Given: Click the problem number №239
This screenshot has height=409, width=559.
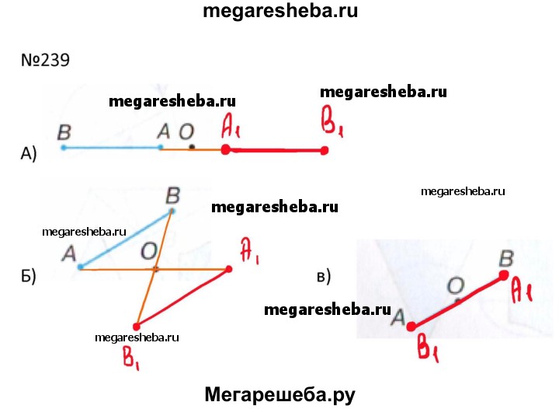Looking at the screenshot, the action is tap(45, 60).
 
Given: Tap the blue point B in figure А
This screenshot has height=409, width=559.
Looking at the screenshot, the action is tap(64, 148).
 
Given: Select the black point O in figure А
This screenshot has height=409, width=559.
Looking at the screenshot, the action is tap(192, 146).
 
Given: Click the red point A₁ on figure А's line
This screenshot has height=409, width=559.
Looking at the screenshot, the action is tap(225, 149).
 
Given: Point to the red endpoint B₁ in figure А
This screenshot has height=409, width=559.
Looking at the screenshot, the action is tap(324, 151).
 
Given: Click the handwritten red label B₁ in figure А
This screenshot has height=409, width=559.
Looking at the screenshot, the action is tap(332, 121).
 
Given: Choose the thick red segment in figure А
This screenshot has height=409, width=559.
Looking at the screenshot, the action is tap(275, 150).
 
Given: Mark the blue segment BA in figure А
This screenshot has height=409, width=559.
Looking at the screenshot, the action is tap(112, 148).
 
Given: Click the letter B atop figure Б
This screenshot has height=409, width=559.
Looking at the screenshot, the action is tap(173, 196).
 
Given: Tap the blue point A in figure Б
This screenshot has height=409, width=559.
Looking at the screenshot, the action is tap(81, 267).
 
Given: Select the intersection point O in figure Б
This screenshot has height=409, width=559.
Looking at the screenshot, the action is tap(155, 269).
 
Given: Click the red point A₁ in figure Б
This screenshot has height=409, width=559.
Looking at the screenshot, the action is tap(229, 269).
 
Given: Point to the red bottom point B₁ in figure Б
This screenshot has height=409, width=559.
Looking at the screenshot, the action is tap(136, 327).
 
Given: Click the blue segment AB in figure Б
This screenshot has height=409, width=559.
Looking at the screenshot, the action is tap(127, 239).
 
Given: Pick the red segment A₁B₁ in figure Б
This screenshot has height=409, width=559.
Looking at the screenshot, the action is tap(182, 298).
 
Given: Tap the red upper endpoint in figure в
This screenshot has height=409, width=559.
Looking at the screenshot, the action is tap(504, 275).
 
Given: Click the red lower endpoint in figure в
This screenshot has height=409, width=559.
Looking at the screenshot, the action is tap(411, 327).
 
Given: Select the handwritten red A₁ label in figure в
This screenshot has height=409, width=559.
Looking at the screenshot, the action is tap(522, 291).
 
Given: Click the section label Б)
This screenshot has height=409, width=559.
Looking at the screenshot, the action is tap(29, 276).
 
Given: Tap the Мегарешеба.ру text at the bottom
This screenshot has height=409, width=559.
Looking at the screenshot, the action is tap(280, 395).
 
